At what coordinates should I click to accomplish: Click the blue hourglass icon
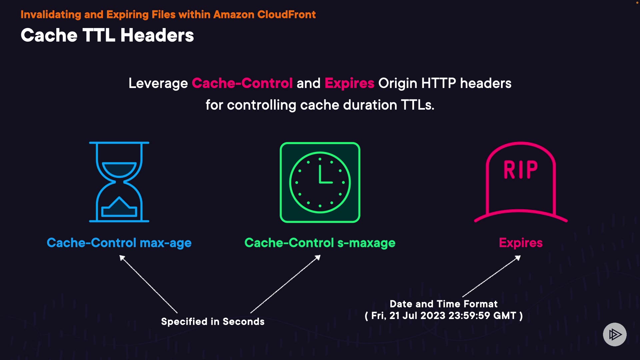click(119, 182)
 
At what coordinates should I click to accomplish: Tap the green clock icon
click(320, 182)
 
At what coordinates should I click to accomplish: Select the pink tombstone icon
click(521, 182)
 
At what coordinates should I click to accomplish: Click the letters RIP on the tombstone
click(520, 170)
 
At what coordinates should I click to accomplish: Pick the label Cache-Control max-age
click(119, 243)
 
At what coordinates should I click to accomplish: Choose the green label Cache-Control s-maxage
click(320, 243)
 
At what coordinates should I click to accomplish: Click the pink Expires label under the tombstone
click(521, 243)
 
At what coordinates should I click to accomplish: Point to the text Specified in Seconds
click(213, 322)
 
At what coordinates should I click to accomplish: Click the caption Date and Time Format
click(444, 304)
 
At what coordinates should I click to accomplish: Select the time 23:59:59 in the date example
click(469, 316)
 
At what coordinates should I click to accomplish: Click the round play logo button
click(615, 334)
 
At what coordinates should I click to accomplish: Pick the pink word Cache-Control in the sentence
click(242, 83)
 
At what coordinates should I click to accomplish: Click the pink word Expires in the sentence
click(349, 83)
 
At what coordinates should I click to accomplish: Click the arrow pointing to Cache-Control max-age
click(148, 284)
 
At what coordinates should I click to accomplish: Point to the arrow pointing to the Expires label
click(491, 276)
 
